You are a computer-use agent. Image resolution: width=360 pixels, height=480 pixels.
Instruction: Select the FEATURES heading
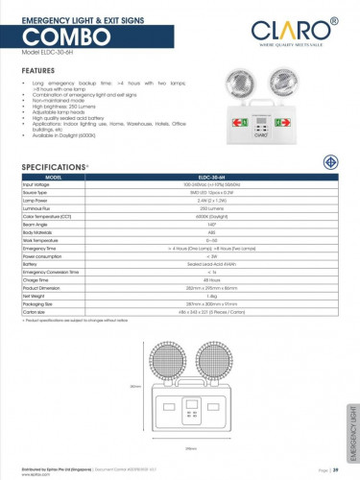[x=37, y=71]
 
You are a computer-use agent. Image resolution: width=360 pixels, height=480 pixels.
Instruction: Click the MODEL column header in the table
[x=54, y=178]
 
